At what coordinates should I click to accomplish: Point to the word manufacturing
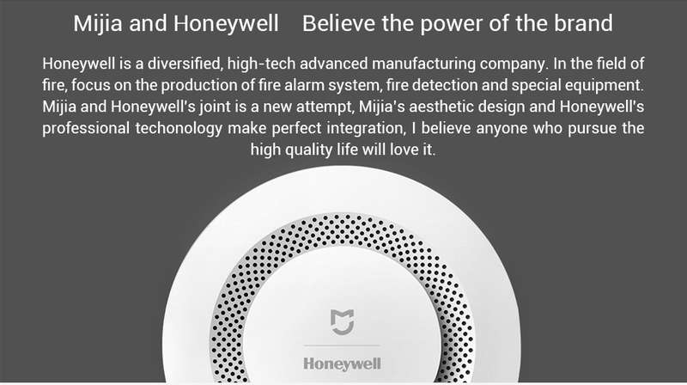pos(423,64)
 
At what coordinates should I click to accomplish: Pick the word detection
pos(444,85)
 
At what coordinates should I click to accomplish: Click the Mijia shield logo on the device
pos(342,322)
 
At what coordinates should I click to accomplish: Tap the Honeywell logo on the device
pos(342,364)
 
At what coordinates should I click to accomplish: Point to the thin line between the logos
pos(342,345)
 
